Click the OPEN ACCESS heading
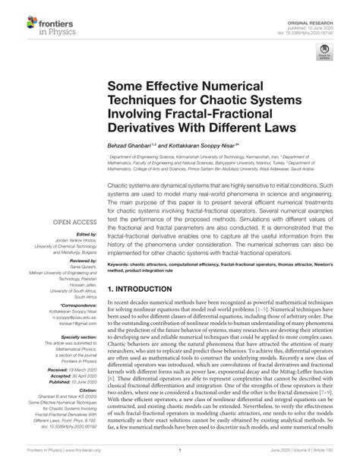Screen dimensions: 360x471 [x=72, y=223]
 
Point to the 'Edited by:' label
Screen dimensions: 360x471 [x=85, y=235]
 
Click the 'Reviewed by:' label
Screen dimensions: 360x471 [x=82, y=260]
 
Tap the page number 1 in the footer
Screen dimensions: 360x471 [x=179, y=460]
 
